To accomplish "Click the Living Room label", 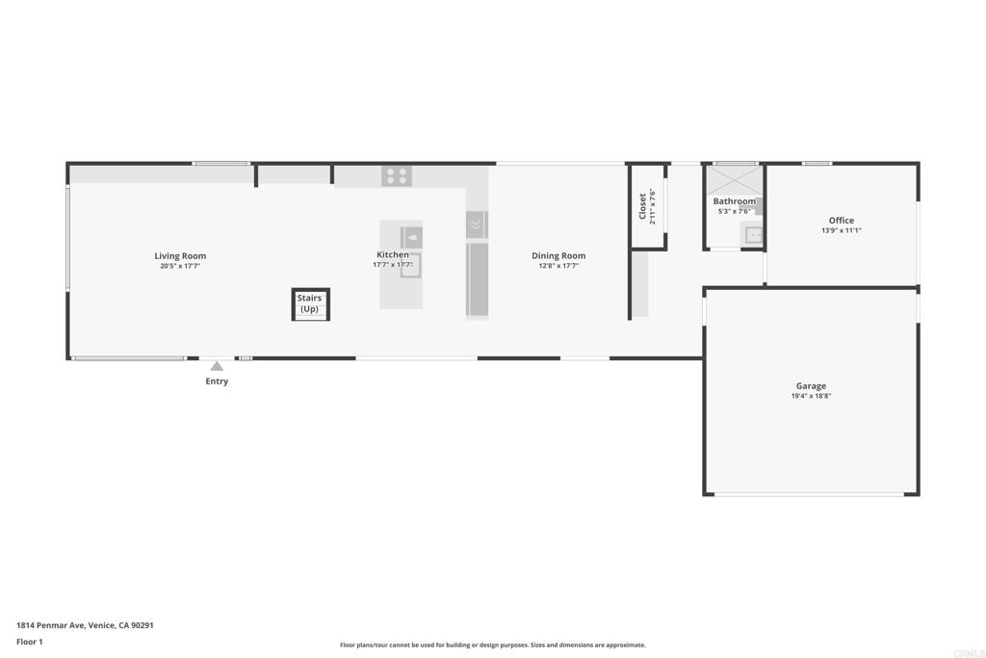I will pos(180,255).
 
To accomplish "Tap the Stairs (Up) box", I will pos(310,304).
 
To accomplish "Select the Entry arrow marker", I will pos(217,366).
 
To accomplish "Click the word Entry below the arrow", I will pos(217,382).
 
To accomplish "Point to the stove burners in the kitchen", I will pos(396,176).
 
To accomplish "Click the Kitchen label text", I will pos(393,254).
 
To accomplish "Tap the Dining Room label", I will pos(558,255).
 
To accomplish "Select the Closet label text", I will pos(642,205).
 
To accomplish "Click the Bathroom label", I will pos(734,201).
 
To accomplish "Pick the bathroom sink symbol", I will pos(753,234).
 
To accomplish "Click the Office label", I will pos(841,220).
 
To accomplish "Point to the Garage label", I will pos(810,385).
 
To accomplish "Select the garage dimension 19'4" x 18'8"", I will pos(810,396).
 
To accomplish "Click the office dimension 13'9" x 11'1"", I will pos(841,230).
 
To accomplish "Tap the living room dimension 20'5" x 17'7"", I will pos(180,266).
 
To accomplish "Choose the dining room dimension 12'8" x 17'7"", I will pos(558,266).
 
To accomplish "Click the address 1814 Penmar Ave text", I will pos(85,625).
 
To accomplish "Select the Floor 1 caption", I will pos(30,642).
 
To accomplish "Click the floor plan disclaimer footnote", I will pos(492,645).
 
